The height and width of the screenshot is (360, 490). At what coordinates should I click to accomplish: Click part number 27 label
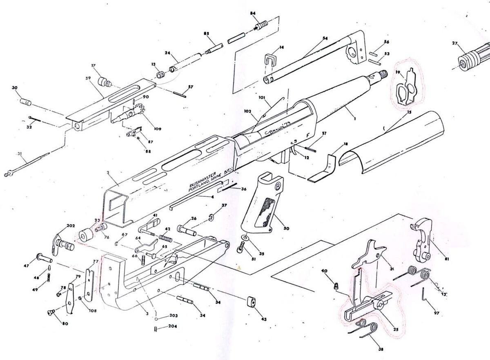pos(455,43)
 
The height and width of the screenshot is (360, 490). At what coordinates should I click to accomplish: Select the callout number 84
pos(253,13)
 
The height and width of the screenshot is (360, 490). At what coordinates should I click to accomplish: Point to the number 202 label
pos(71,226)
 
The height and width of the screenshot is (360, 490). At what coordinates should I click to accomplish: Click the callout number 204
pos(173,327)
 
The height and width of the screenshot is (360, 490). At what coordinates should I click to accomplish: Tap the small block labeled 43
pos(250,302)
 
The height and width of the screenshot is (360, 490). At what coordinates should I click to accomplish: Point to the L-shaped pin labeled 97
pos(426,297)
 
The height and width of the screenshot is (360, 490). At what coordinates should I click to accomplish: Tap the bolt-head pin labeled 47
pos(43,258)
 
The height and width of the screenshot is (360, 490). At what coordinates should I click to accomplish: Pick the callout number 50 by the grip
pos(286,228)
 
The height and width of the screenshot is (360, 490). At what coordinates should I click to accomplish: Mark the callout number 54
pos(325,38)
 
